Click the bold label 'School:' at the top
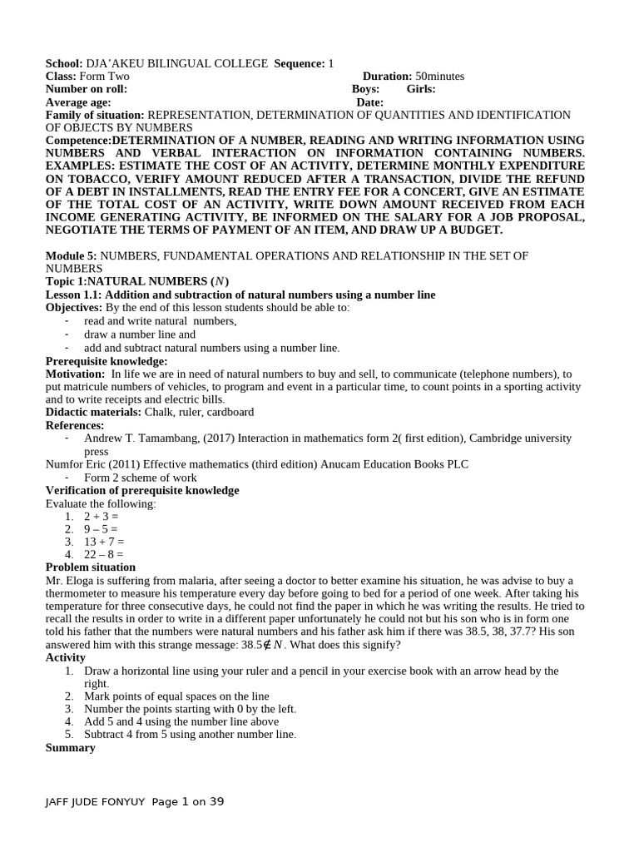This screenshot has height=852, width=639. click(64, 64)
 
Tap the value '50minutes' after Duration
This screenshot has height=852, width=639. click(439, 77)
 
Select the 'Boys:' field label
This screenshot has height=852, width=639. click(365, 89)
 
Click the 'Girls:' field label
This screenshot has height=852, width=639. click(420, 89)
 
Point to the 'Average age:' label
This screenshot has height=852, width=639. click(78, 102)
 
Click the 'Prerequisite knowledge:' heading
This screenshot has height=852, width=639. click(106, 361)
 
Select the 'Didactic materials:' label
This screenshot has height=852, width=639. click(93, 412)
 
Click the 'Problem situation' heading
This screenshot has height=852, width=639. click(90, 567)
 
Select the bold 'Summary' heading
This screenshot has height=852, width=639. click(70, 748)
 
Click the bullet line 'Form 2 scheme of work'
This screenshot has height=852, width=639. click(140, 478)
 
